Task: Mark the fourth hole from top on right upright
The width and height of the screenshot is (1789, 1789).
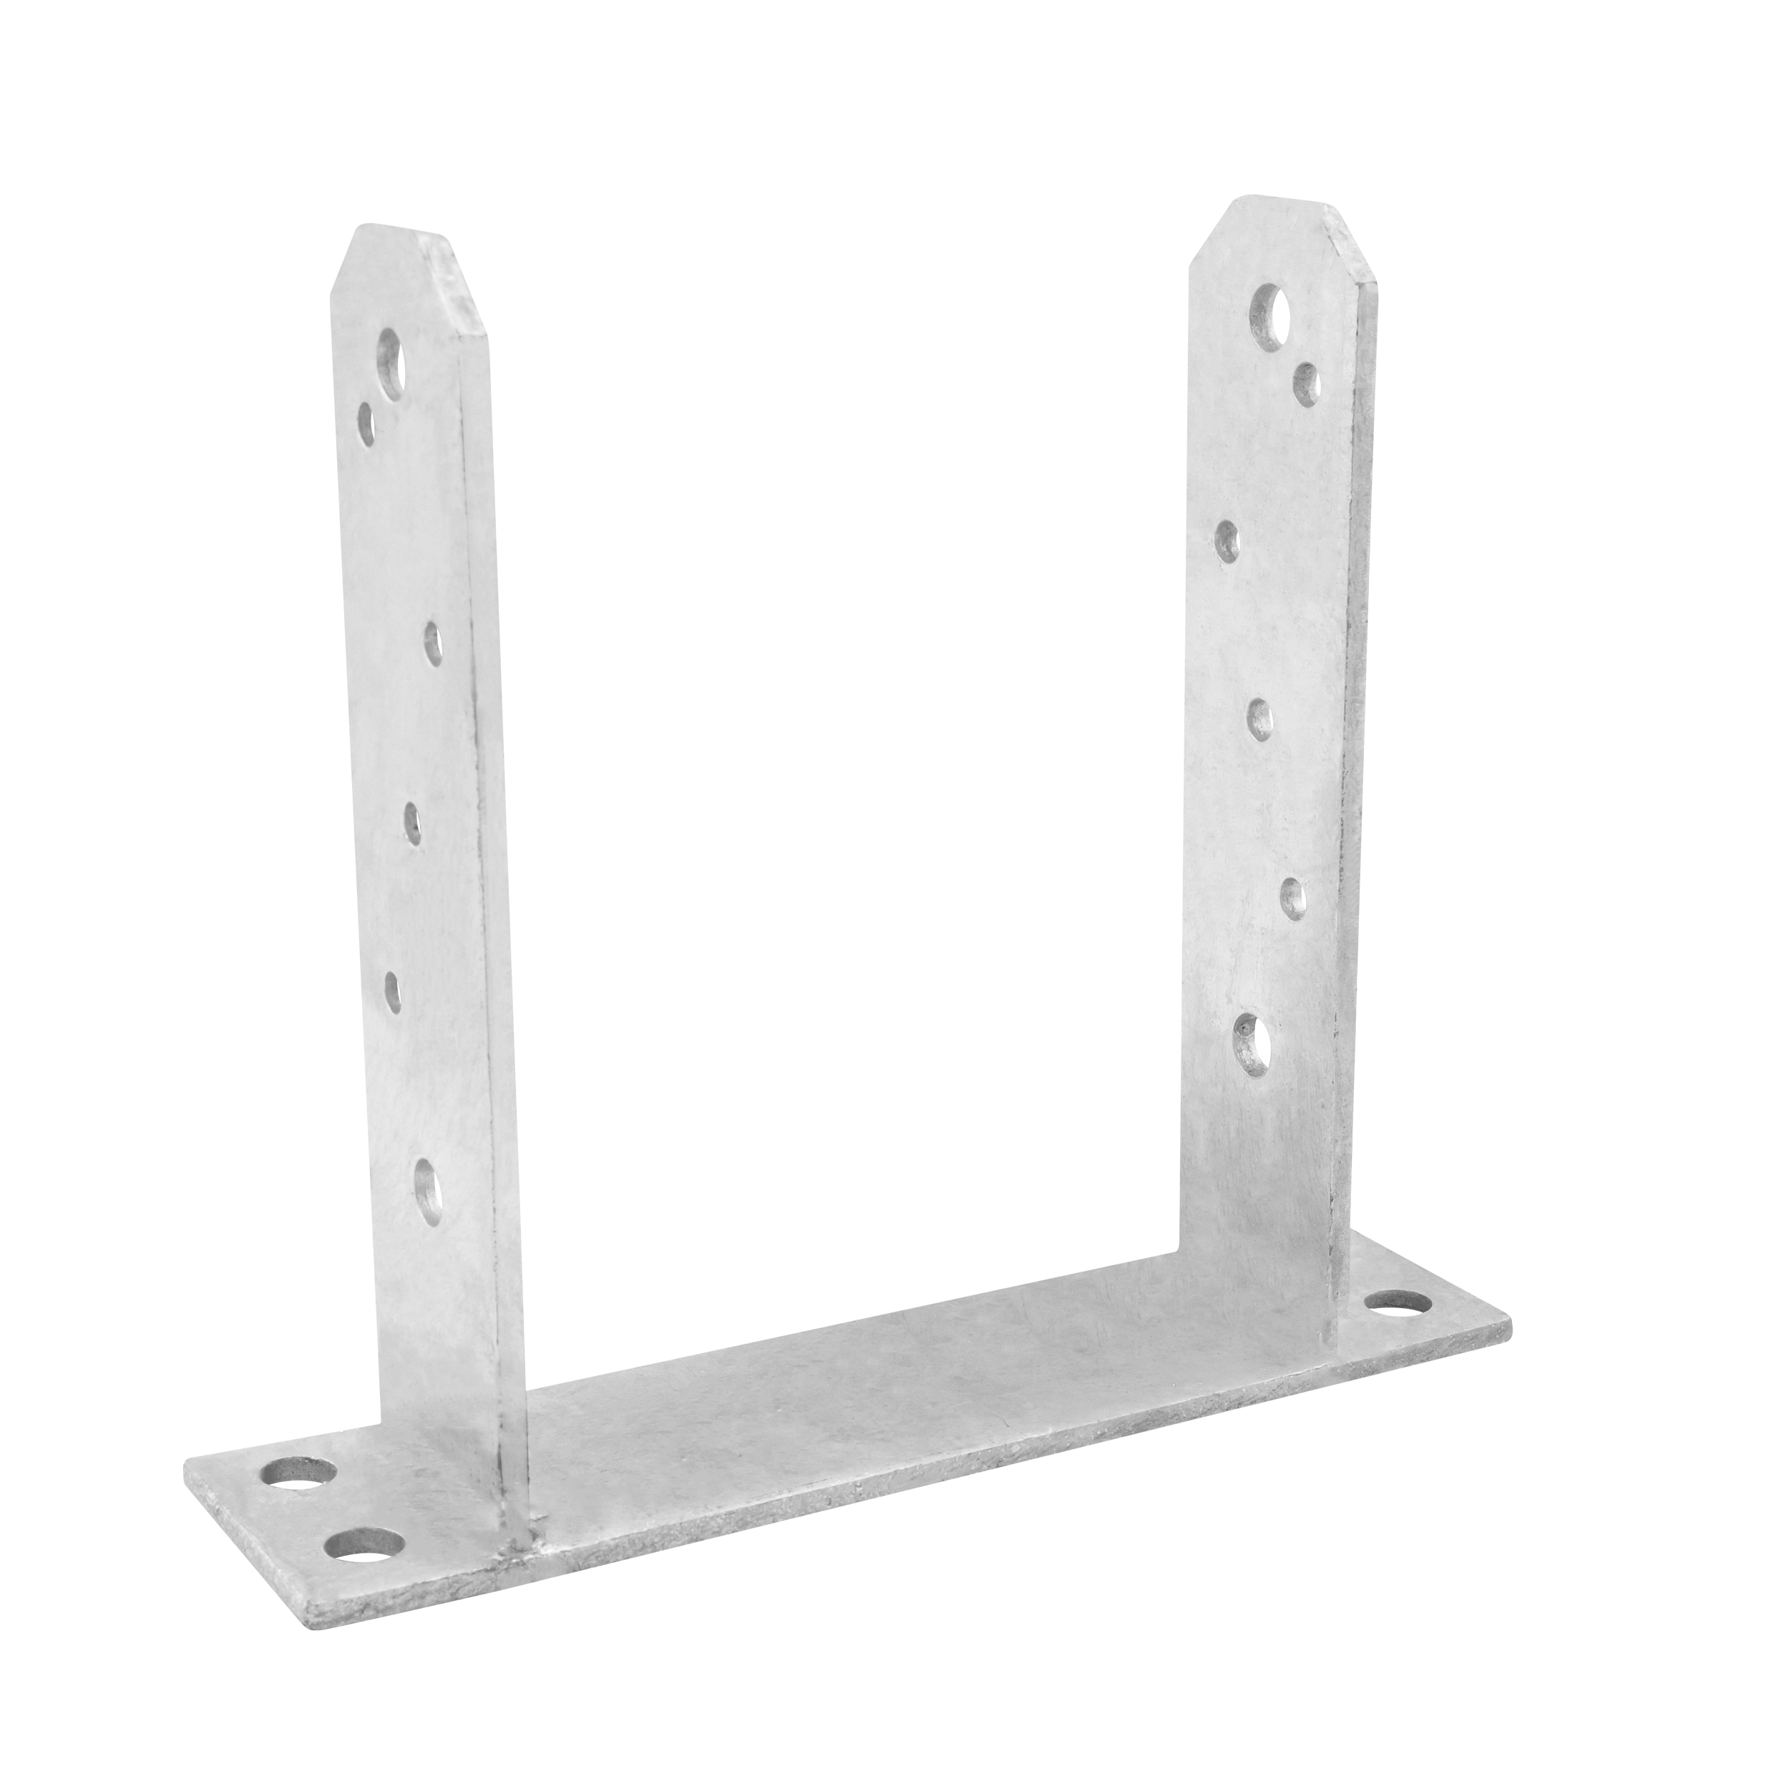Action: [1259, 718]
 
